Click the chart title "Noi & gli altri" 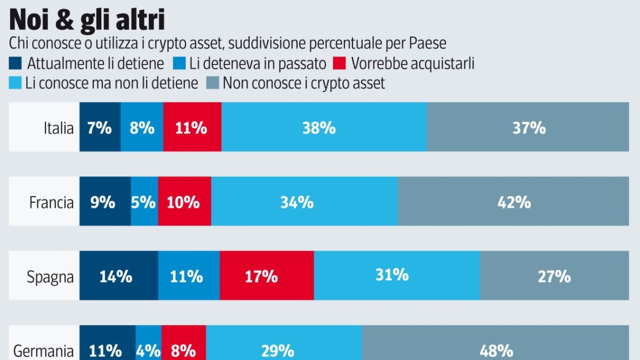pos(87,20)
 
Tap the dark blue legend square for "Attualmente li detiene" pos(16,64)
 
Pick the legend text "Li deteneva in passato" pos(258,64)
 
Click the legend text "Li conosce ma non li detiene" pos(111,83)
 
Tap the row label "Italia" pos(59,128)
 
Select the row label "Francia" pos(51,203)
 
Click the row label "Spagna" pos(50,276)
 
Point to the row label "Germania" pos(43,350)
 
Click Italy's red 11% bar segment pos(192,128)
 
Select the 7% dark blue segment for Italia pos(100,128)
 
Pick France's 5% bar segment pos(144,203)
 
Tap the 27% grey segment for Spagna pos(555,276)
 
